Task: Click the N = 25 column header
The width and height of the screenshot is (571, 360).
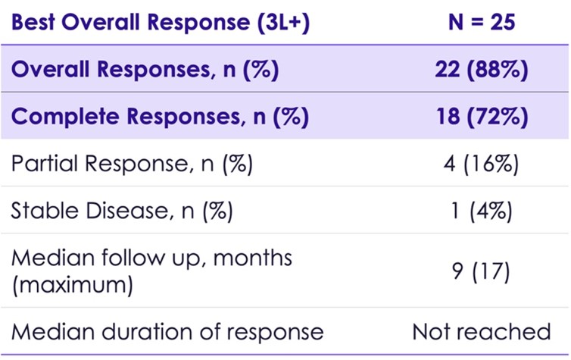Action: (481, 22)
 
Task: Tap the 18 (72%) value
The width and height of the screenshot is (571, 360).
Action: (481, 117)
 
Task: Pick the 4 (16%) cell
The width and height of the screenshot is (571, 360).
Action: (481, 163)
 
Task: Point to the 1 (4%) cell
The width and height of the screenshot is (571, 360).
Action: (481, 210)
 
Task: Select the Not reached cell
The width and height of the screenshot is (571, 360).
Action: (481, 331)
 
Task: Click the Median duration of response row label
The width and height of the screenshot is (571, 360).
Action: (167, 331)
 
